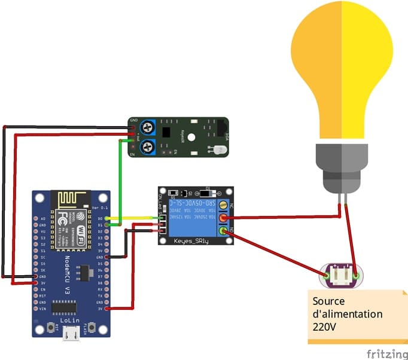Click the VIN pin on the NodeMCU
click(x=42, y=309)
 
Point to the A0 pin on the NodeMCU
click(x=42, y=219)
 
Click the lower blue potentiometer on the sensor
click(x=148, y=146)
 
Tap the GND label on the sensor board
click(x=133, y=121)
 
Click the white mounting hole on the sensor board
click(x=190, y=136)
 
